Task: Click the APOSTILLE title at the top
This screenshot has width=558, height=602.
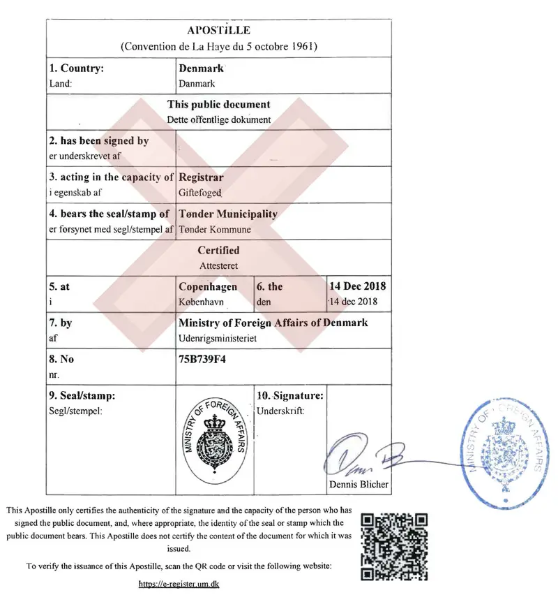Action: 218,31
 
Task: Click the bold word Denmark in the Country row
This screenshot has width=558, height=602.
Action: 200,68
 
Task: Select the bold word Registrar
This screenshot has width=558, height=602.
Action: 201,177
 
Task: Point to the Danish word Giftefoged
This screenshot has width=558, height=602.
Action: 200,192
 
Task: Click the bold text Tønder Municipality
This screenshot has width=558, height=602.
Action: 228,214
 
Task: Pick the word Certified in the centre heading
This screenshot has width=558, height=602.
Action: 218,250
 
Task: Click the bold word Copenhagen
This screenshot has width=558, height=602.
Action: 208,286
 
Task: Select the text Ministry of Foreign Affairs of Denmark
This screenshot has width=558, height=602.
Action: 273,323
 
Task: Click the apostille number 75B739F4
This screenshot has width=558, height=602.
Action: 203,360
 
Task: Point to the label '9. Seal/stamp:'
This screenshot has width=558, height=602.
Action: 82,395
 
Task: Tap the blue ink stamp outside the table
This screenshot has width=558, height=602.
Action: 503,448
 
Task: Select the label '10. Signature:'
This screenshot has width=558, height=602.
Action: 290,395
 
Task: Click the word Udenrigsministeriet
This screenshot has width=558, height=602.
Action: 218,337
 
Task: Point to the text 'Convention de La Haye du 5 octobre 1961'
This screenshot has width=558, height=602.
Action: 218,47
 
